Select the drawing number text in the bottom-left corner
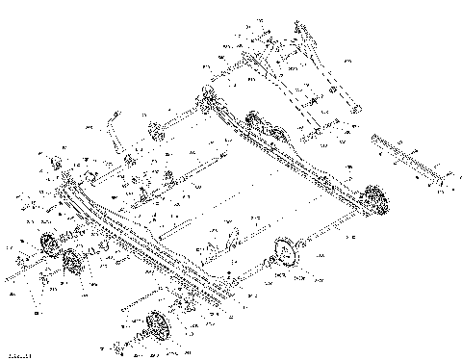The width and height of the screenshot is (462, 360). coord(13,354)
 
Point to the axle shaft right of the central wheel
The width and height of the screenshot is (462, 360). coord(327,235)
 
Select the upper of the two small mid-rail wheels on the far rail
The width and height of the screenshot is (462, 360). coord(253,120)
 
